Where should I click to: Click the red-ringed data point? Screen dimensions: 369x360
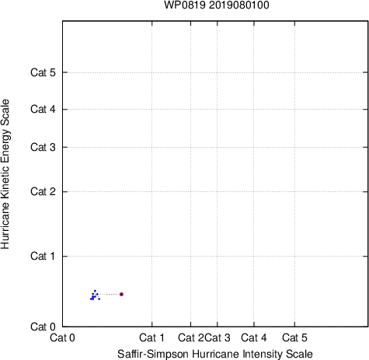coord(121,294)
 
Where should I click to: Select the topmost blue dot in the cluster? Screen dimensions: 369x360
coord(95,291)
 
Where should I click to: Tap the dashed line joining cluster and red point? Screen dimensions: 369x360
coord(109,294)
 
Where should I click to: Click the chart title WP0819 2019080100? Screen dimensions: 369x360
coord(217,5)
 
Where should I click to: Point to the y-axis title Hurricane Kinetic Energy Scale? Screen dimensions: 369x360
coord(5,174)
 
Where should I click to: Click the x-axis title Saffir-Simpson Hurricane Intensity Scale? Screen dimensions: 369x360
coord(215,354)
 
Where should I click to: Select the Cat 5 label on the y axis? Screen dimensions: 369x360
coord(43,72)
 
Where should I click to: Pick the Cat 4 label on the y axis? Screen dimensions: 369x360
coord(43,109)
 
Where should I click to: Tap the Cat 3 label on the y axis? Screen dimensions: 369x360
coord(43,147)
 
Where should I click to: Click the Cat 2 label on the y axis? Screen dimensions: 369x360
coord(43,192)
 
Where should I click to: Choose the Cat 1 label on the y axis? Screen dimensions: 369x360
coord(43,256)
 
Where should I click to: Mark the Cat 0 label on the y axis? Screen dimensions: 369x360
coord(43,327)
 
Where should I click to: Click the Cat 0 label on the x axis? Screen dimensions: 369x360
coord(62,337)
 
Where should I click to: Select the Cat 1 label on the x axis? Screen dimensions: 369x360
coord(151,337)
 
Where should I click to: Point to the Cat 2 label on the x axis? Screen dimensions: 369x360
coord(191,337)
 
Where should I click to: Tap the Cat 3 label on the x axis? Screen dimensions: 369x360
coord(218,337)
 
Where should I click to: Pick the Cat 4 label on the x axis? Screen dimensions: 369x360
coord(254,337)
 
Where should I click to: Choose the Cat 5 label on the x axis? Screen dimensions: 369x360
coord(294,337)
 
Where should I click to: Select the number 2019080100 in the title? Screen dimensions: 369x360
coord(239,5)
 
